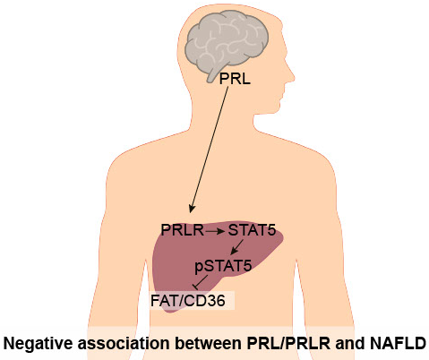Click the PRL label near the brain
tap(235, 79)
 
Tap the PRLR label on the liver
tap(183, 230)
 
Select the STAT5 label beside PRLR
tap(252, 230)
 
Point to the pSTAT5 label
tap(223, 266)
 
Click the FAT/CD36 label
tap(188, 301)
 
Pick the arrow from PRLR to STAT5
tap(215, 231)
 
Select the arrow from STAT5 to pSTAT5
tap(237, 247)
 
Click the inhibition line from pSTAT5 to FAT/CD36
tap(200, 282)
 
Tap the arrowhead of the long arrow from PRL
tap(192, 209)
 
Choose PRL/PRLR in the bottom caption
tap(288, 343)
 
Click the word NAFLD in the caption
tap(398, 343)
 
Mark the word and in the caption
tap(350, 343)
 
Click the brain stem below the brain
tap(212, 74)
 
